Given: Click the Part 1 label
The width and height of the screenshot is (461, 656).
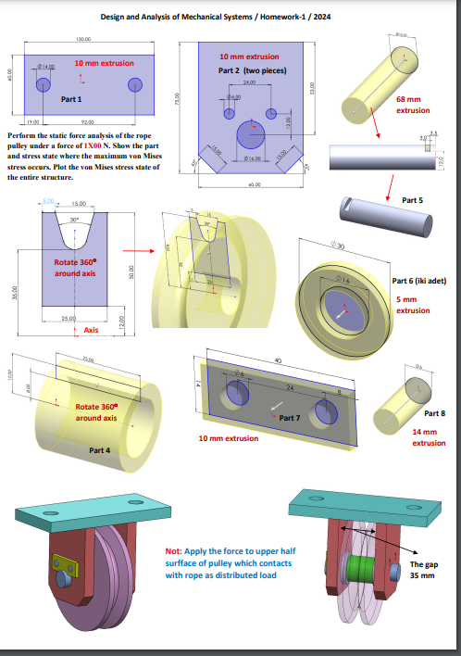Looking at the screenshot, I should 71,99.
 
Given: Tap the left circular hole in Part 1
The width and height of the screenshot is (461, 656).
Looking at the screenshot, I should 44,84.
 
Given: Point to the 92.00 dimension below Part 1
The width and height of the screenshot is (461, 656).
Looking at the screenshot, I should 88,121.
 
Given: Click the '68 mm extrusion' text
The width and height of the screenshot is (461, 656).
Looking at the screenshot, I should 413,104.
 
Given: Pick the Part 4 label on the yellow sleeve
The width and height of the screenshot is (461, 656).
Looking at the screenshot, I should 100,450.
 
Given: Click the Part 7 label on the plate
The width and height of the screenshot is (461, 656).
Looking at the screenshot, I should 291,418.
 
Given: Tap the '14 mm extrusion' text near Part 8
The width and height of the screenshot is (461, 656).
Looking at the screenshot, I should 429,437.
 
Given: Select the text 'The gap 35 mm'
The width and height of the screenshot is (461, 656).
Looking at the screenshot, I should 421,570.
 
